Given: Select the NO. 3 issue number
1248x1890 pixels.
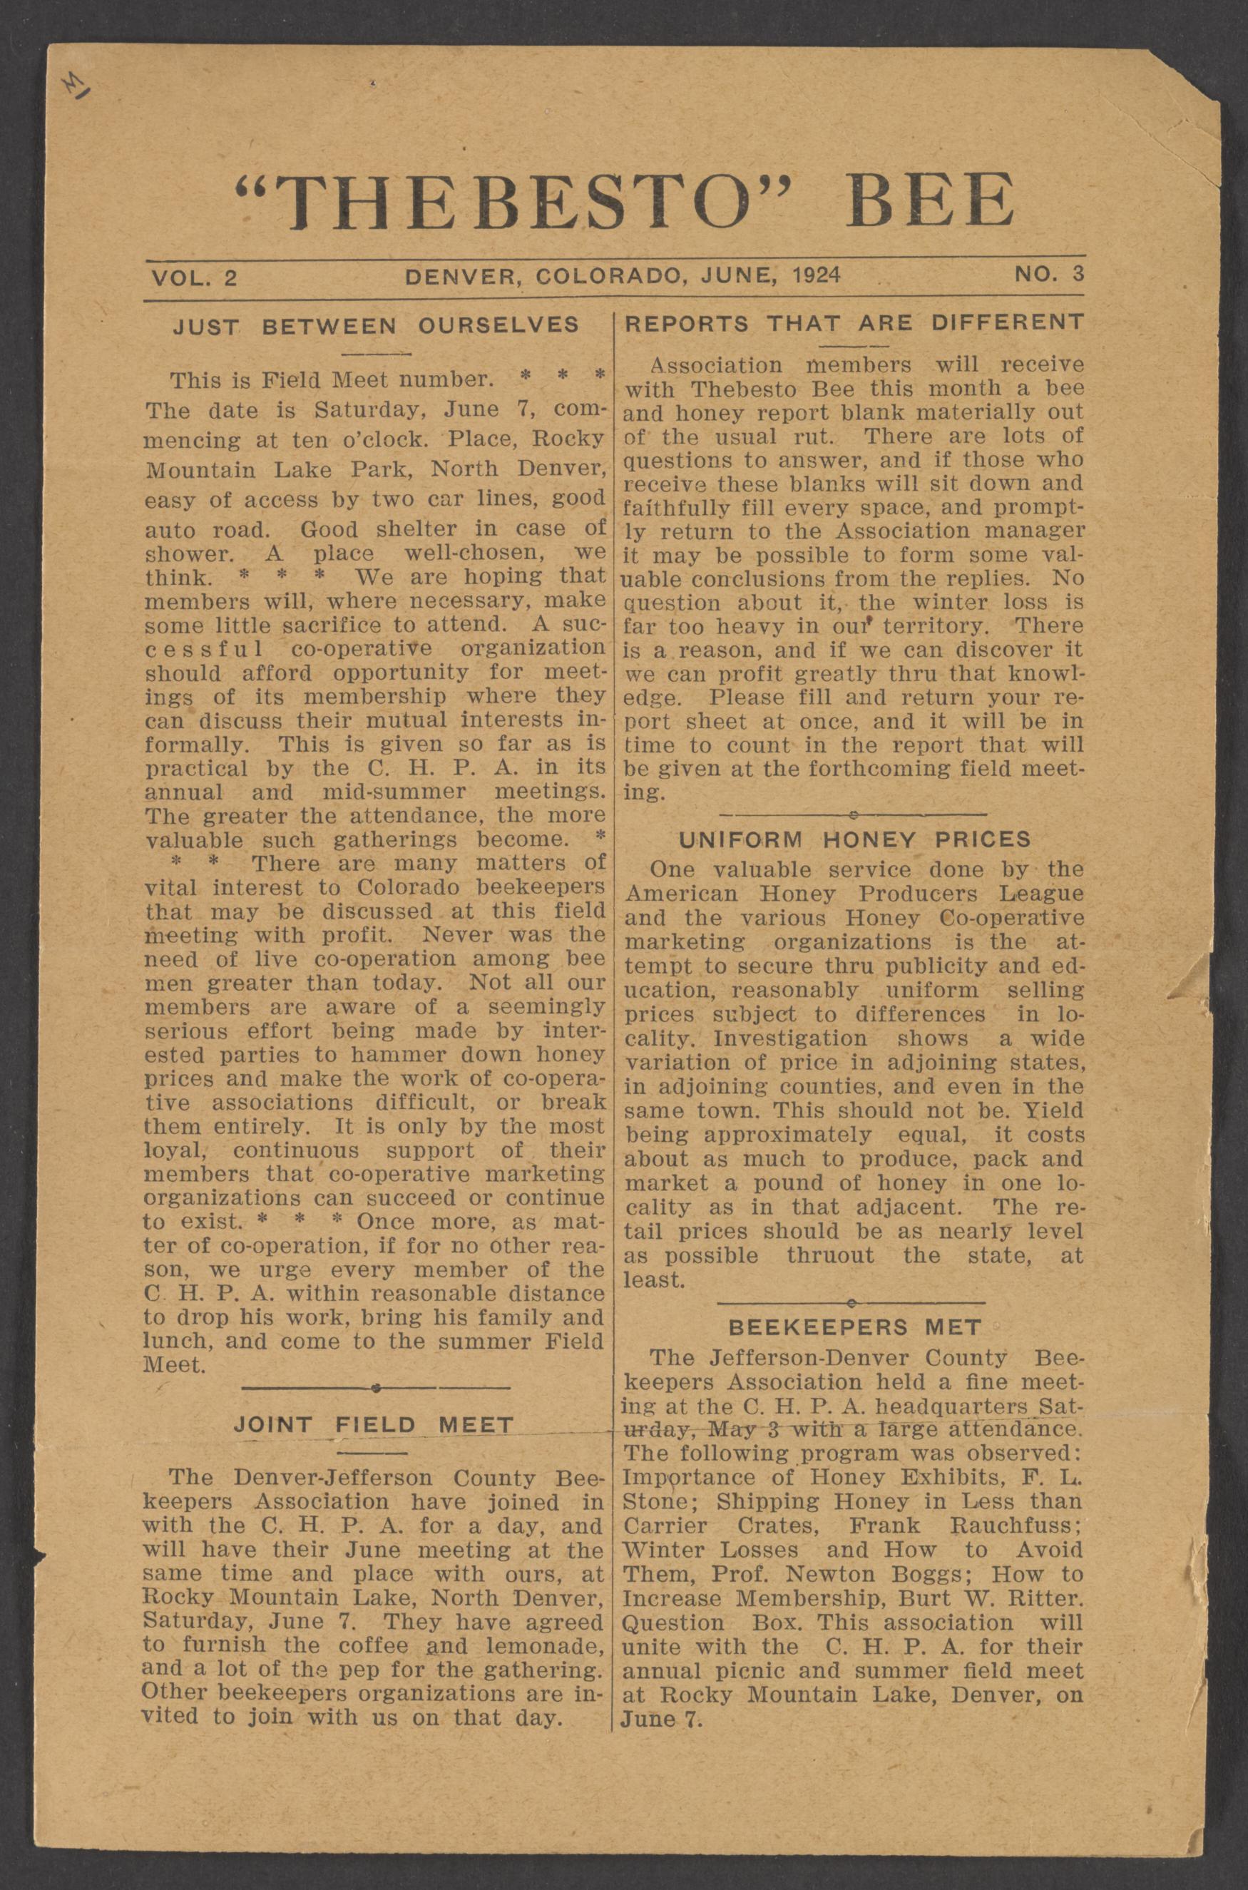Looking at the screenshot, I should point(1048,275).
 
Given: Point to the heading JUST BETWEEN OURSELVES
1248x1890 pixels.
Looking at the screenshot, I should point(376,325).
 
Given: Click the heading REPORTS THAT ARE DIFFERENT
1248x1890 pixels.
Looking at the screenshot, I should point(854,322).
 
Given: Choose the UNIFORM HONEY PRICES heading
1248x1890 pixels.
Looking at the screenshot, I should point(854,839).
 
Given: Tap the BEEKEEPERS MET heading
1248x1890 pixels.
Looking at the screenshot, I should point(855,1327).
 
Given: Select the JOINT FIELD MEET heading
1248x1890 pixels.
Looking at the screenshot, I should point(374,1424).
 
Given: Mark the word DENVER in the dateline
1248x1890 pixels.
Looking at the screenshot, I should point(462,276).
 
